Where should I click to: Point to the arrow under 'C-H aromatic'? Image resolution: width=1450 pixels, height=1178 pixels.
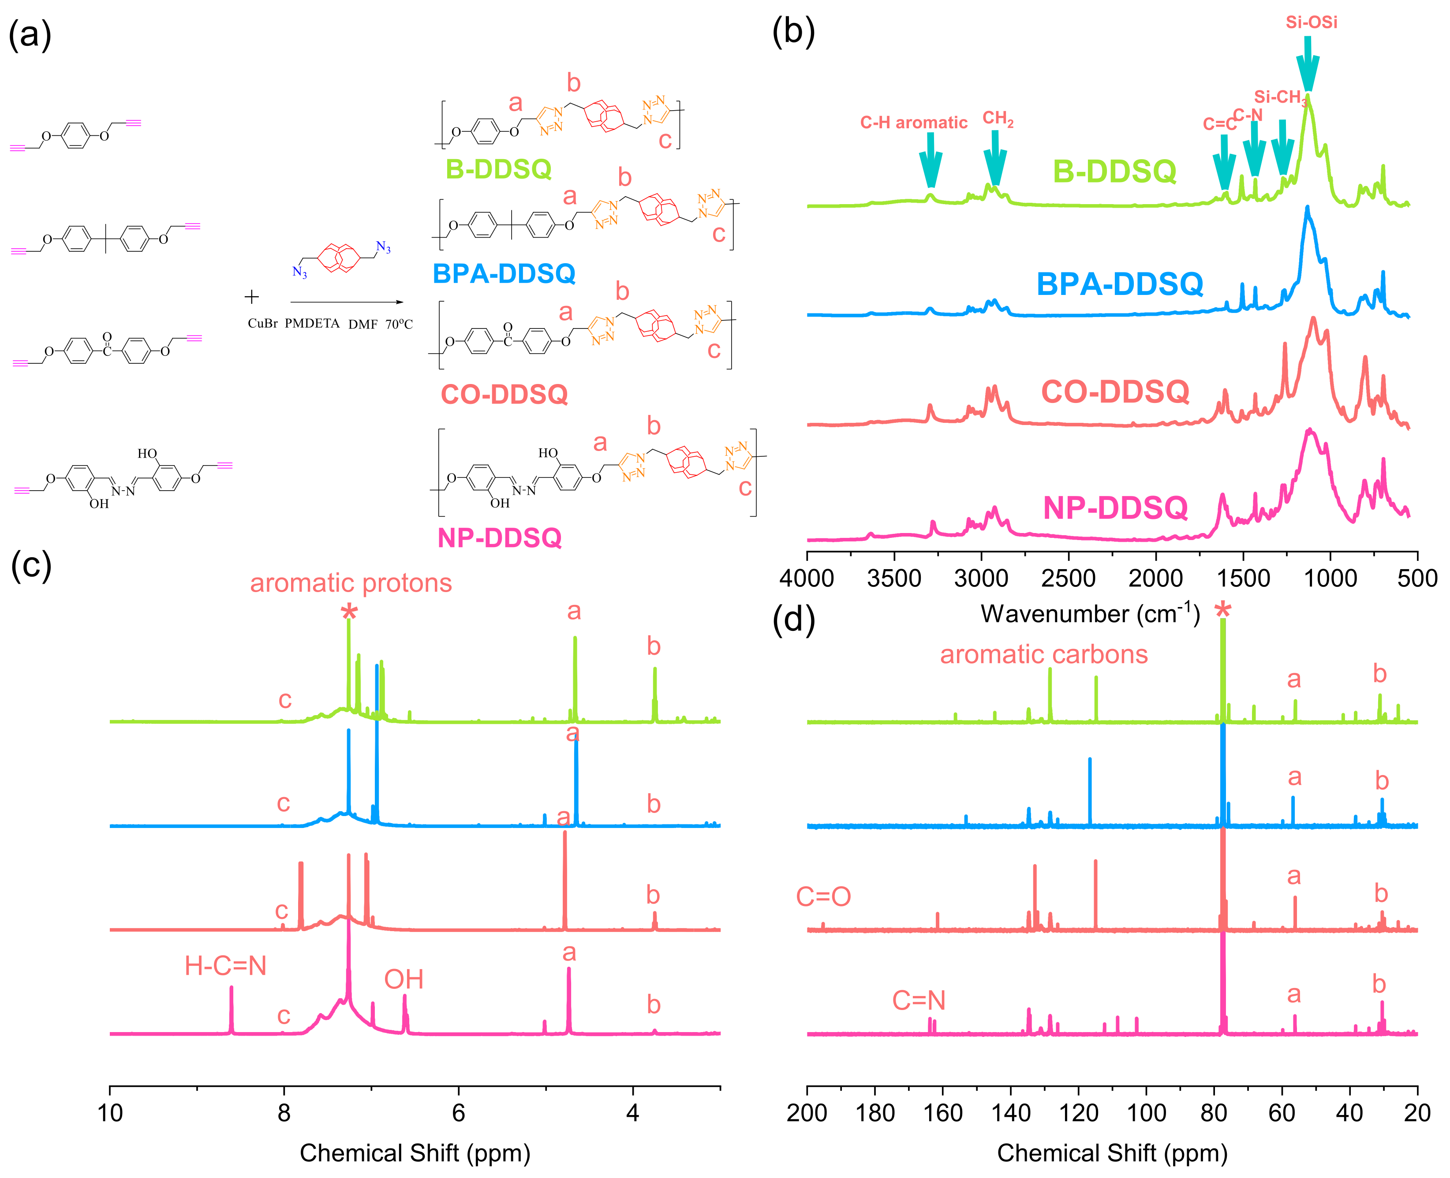point(930,160)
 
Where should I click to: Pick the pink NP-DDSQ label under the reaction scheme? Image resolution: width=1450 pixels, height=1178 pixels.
point(500,537)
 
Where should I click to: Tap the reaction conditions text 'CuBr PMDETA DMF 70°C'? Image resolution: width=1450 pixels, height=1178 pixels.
point(330,324)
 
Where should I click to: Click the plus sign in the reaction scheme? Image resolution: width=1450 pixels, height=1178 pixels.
point(252,297)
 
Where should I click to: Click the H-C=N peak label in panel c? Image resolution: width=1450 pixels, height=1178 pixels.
point(225,966)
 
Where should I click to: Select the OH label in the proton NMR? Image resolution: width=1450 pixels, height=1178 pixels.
point(404,979)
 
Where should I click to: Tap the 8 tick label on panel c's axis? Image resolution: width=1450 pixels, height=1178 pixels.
point(284,1113)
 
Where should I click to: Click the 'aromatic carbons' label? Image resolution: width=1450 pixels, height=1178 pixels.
point(1043,654)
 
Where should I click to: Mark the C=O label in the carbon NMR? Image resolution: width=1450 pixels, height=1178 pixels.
point(823,896)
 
